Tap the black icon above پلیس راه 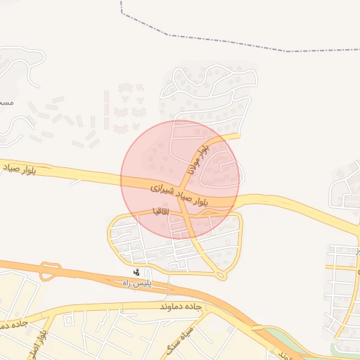tap(137, 272)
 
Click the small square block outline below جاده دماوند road tap(69, 321)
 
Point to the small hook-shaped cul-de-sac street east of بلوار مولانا tap(225, 164)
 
